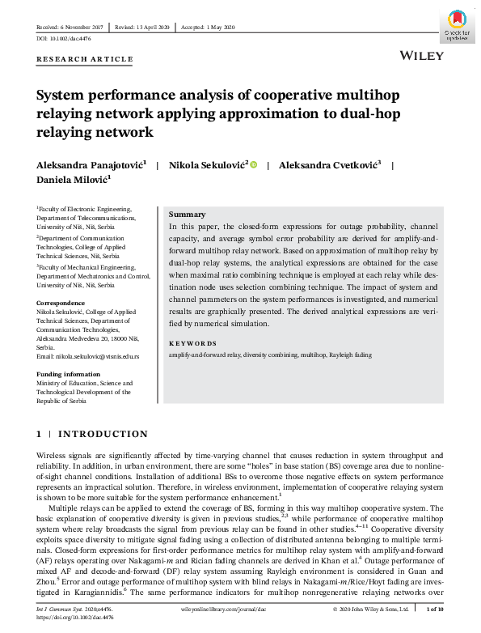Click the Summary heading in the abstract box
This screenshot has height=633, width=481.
pos(187,215)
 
